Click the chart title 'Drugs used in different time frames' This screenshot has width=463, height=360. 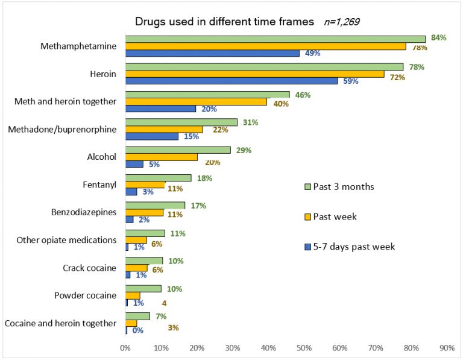point(224,22)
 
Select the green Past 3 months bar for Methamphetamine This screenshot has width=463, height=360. point(275,39)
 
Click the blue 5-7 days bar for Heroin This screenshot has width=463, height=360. point(231,81)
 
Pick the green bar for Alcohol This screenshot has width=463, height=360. point(178,150)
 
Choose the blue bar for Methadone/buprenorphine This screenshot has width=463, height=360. point(152,136)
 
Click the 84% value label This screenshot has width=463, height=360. point(438,37)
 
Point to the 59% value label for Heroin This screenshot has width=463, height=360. point(350,81)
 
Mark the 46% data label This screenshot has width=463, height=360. point(301,95)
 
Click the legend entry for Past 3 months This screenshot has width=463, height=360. point(338,187)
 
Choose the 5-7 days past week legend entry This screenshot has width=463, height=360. point(348,246)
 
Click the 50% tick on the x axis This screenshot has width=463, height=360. point(304,348)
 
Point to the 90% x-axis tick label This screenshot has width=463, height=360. point(447,348)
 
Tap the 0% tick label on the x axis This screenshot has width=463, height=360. point(125,348)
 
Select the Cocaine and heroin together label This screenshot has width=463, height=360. point(60,323)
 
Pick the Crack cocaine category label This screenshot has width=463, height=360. point(89,268)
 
